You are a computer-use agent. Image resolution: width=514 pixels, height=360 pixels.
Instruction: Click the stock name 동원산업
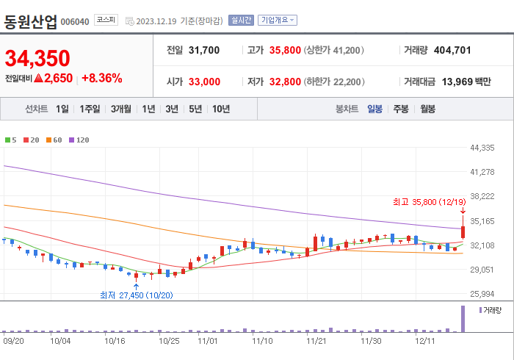click(30, 21)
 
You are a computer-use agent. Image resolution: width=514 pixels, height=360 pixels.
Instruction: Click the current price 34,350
click(37, 58)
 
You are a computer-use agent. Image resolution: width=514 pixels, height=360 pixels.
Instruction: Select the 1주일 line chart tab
click(90, 109)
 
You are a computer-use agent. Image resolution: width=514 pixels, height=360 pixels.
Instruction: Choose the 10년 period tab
click(220, 109)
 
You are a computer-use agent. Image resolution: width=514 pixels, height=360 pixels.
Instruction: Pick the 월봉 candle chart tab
click(427, 109)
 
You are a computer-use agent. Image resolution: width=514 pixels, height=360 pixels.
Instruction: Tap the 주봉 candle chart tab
click(401, 109)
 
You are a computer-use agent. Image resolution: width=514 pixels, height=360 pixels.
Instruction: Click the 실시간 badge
click(241, 21)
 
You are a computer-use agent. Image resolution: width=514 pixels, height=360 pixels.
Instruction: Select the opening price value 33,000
click(204, 82)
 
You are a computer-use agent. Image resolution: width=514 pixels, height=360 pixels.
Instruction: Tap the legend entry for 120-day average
click(79, 140)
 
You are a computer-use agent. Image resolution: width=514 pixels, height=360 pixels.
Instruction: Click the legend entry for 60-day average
click(56, 140)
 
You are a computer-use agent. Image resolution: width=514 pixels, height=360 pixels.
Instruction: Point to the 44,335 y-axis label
click(483, 148)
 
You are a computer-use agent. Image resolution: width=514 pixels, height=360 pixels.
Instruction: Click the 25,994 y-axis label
click(483, 294)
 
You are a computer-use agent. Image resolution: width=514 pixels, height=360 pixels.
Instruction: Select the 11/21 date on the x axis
click(316, 341)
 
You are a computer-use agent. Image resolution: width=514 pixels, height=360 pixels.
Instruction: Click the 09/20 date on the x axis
click(14, 341)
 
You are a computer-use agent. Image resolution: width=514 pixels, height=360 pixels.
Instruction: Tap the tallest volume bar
click(463, 319)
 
